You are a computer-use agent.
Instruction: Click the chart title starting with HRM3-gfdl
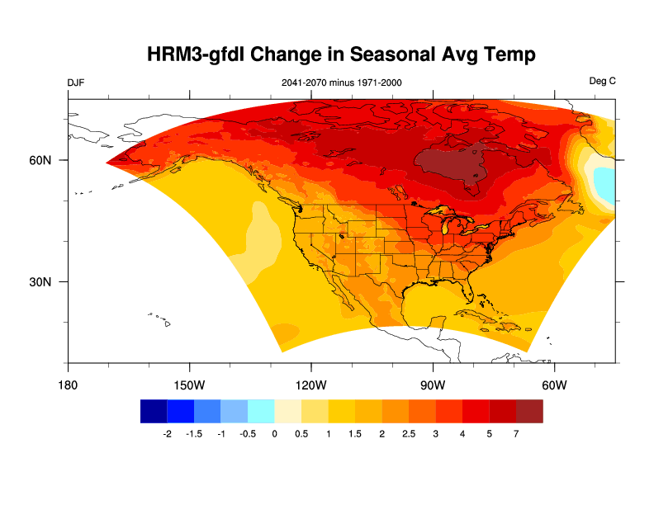(341, 54)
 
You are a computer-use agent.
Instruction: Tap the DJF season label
(75, 82)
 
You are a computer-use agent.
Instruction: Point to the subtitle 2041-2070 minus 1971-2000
(342, 82)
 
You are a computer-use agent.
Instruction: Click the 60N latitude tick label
(40, 160)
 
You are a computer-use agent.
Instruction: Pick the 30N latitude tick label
(40, 282)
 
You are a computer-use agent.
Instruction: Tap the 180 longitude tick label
(68, 385)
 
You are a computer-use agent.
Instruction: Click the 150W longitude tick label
(189, 385)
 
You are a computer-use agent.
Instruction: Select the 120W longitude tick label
(310, 385)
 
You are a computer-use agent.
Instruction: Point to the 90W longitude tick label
(432, 385)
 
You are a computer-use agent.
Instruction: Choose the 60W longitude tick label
(553, 385)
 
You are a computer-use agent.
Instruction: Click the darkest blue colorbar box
(154, 411)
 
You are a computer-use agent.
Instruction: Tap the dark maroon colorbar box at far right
(529, 411)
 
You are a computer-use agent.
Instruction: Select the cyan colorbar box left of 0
(261, 411)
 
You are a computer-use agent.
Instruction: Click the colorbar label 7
(516, 433)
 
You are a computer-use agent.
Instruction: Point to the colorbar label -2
(167, 433)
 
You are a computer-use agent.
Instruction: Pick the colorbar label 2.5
(408, 433)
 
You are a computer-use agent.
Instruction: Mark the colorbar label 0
(274, 433)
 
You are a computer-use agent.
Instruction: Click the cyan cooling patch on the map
(606, 186)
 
